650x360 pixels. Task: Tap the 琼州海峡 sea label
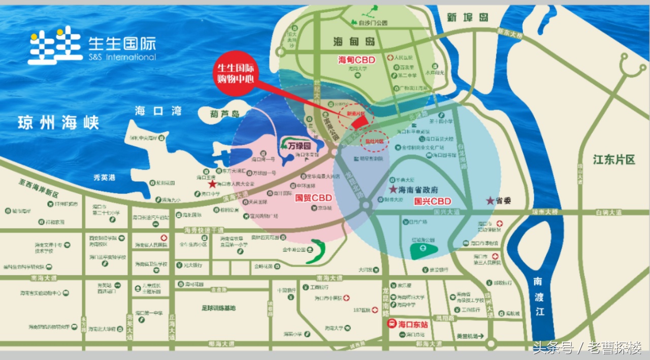pos(58,122)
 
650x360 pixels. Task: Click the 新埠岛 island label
pos(467,17)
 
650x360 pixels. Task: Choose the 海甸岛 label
pos(354,41)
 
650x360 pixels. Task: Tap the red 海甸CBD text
pos(356,60)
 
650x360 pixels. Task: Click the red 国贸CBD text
pos(313,198)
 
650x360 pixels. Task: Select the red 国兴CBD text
pos(432,201)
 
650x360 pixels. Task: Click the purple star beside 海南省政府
pos(393,189)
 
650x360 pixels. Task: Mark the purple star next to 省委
pos(490,201)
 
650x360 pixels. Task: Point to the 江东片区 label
pos(614,160)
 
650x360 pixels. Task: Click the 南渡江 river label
pos(538,296)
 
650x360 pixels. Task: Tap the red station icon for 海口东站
pos(392,323)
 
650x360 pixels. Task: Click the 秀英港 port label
pos(104,177)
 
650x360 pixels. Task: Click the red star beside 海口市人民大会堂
pos(212,184)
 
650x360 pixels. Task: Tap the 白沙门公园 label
pos(373,23)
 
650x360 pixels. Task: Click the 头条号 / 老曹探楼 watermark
pos(587,348)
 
